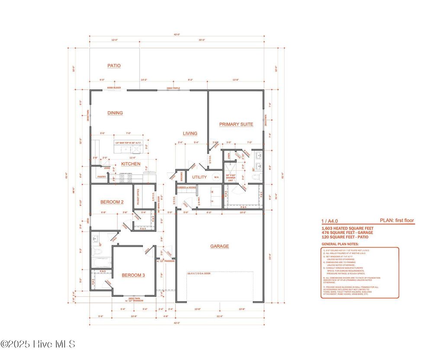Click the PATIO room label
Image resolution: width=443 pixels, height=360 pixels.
click(x=114, y=66)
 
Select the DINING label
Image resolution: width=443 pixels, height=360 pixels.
click(x=115, y=113)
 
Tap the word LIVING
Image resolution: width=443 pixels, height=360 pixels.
click(x=190, y=134)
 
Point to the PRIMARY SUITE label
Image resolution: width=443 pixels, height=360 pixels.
click(x=236, y=124)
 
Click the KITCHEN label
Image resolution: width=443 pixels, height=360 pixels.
click(x=130, y=164)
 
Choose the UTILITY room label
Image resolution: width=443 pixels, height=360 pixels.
click(x=200, y=177)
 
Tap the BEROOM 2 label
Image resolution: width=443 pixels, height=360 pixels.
click(x=112, y=202)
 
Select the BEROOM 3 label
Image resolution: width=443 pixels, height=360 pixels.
click(x=133, y=275)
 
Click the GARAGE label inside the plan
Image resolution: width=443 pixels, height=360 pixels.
click(x=219, y=246)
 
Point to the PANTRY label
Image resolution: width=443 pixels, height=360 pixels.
click(x=102, y=177)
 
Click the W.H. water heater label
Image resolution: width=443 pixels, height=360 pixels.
click(x=216, y=177)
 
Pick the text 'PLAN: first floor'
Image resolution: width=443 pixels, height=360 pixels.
click(x=396, y=221)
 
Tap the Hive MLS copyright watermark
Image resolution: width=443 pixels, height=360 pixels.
click(x=38, y=344)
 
